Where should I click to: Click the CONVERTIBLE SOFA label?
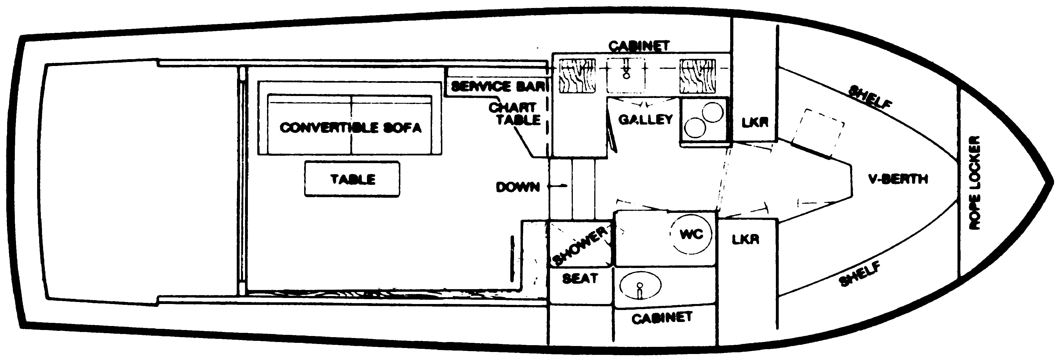(x=350, y=127)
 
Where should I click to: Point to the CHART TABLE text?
(x=515, y=114)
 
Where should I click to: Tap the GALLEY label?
(x=646, y=120)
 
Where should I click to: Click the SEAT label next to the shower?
(x=579, y=279)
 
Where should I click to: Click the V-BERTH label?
(x=898, y=179)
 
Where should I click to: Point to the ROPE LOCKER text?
(x=974, y=183)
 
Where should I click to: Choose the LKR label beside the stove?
(x=755, y=123)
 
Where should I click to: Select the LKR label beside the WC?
(x=745, y=240)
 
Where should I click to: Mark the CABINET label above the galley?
(x=639, y=46)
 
